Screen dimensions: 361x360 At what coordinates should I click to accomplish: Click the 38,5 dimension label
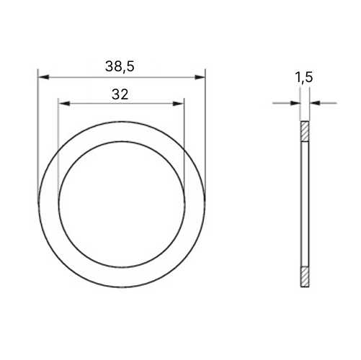(120, 67)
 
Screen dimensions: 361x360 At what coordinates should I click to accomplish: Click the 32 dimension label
(120, 94)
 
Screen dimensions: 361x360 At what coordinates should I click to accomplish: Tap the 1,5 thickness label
(304, 77)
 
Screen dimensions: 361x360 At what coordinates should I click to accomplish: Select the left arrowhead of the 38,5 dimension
(44, 77)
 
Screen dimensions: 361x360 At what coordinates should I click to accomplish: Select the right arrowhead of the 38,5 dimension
(200, 77)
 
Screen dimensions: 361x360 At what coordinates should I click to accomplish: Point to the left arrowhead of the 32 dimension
(64, 104)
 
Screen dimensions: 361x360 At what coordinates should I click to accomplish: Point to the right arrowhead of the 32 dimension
(178, 104)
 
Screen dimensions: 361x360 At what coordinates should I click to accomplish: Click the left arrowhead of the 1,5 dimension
(295, 103)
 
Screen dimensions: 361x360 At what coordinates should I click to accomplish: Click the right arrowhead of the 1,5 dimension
(315, 103)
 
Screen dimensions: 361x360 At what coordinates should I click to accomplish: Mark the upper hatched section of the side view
(305, 132)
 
